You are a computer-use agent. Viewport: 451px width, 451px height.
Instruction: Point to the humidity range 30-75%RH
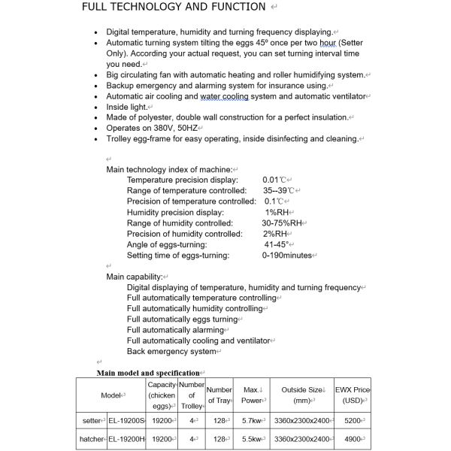282,223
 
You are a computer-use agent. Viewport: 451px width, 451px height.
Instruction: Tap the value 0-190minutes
286,256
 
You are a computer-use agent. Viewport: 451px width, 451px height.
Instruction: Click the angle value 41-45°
277,245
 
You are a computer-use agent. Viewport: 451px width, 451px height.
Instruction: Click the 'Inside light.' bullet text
129,107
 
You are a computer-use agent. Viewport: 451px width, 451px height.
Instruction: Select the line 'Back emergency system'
171,351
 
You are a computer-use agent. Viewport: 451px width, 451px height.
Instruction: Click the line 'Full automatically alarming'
175,330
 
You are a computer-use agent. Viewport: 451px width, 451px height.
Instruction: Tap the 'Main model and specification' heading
148,373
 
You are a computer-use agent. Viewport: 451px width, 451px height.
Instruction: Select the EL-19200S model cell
126,420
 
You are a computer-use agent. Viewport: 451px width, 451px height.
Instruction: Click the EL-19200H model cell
126,439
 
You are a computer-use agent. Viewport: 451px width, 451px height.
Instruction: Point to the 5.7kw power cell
252,420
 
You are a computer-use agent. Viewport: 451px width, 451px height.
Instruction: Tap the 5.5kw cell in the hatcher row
252,439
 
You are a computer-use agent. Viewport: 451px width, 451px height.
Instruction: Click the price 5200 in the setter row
351,420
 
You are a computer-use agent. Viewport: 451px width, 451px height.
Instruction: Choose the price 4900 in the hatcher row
351,439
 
